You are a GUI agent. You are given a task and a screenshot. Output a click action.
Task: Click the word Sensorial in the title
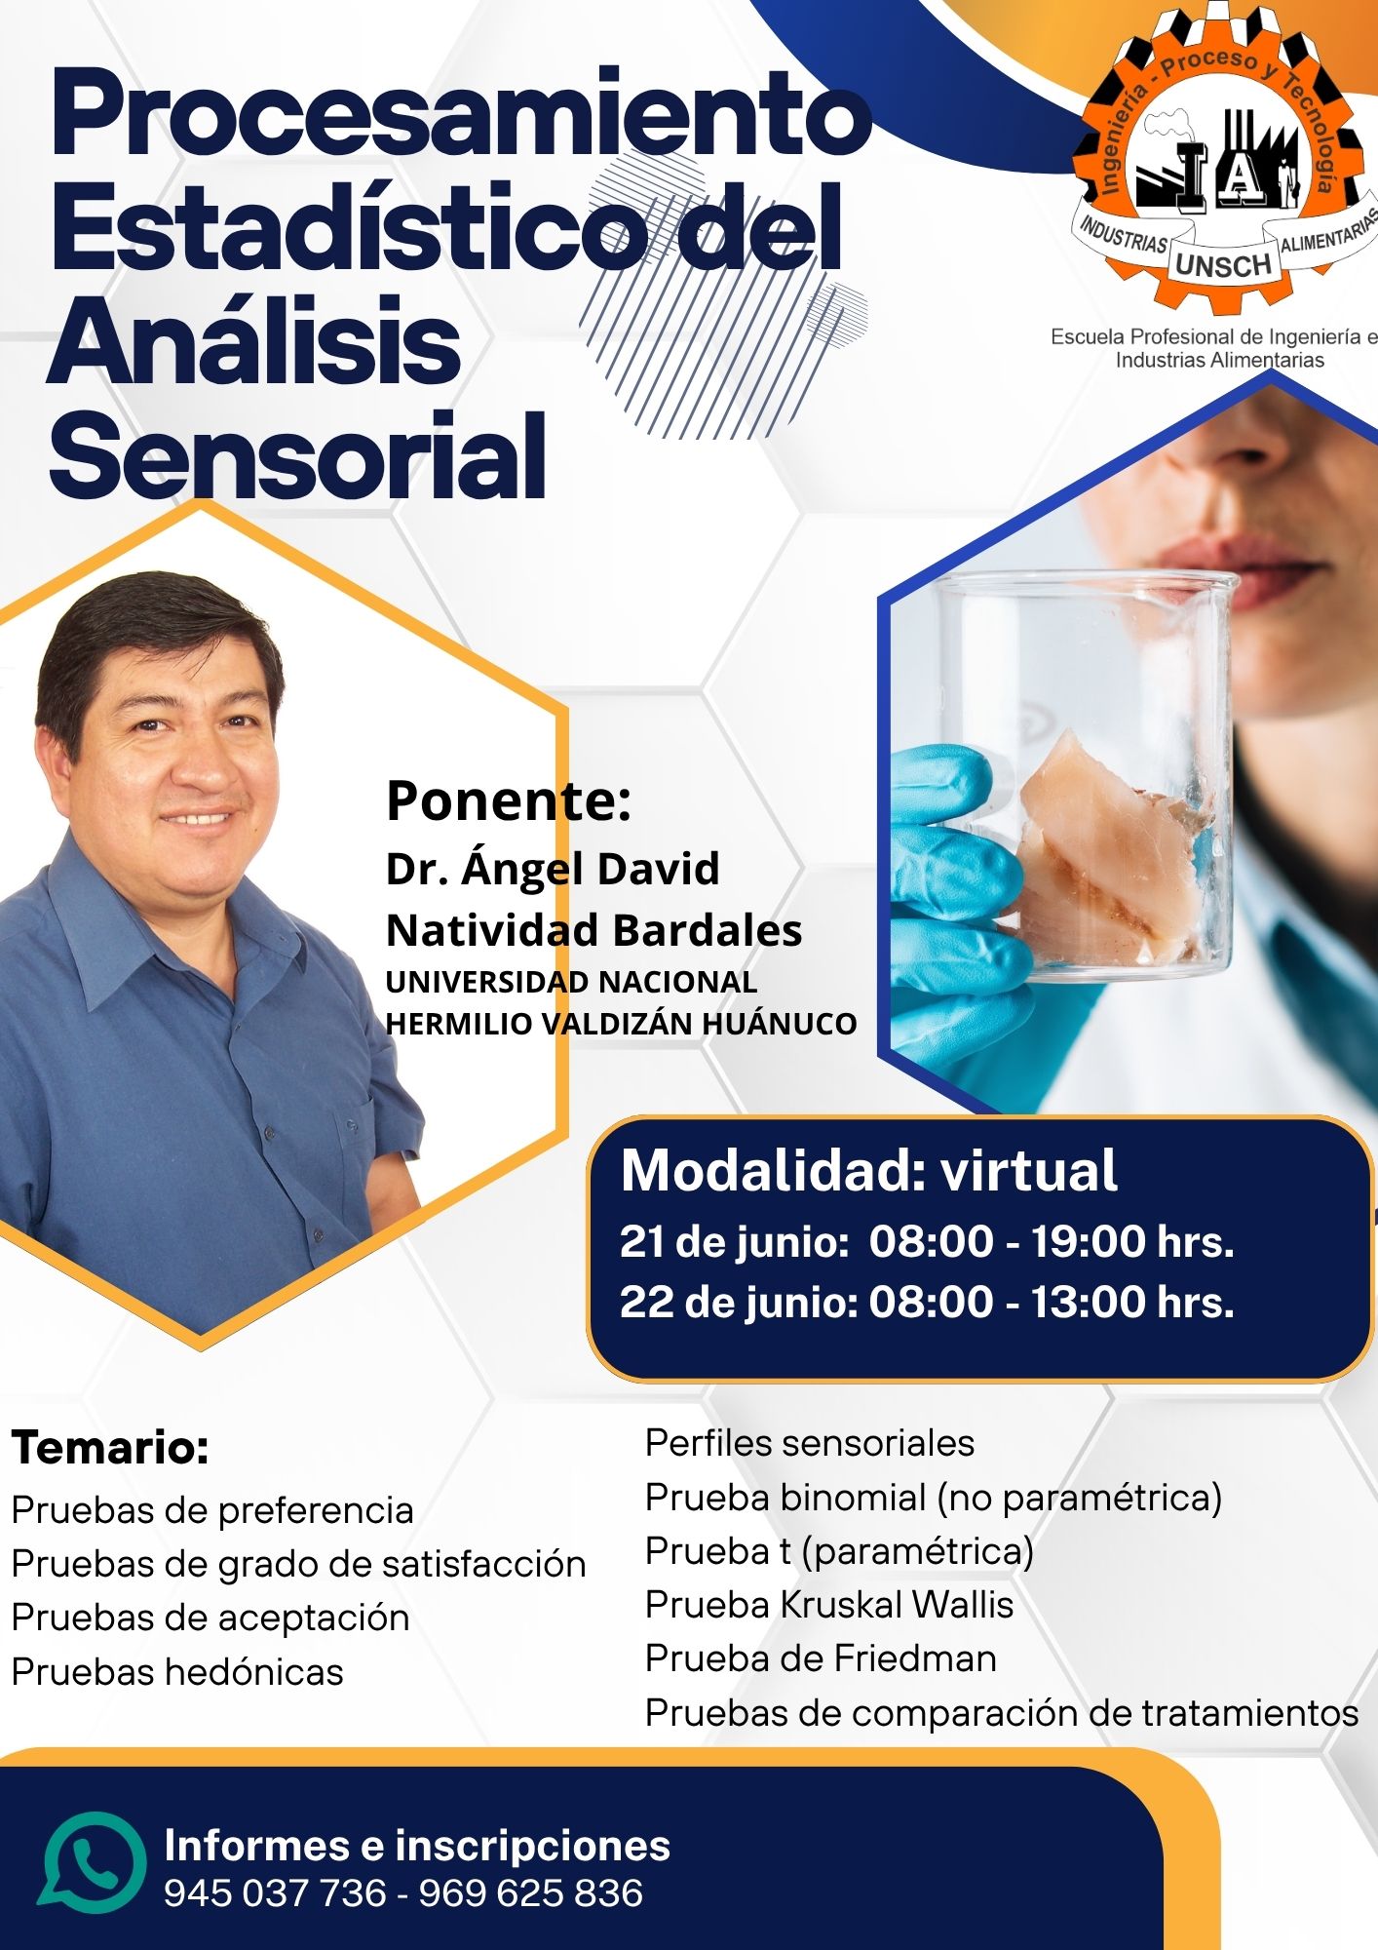click(x=297, y=455)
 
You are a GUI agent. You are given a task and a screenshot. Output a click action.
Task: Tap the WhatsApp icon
click(x=93, y=1863)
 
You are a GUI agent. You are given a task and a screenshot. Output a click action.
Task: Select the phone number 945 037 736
click(x=275, y=1893)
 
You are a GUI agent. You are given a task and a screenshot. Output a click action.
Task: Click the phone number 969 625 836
click(x=531, y=1893)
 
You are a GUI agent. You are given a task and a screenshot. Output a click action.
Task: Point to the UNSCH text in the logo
click(x=1223, y=264)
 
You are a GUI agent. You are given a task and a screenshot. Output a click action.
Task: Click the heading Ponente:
click(x=509, y=800)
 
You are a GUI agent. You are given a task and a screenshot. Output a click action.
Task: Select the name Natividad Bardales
click(x=593, y=930)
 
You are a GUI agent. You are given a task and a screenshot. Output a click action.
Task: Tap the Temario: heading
click(x=110, y=1447)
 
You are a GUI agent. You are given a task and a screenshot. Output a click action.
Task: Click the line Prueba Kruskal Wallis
click(x=829, y=1604)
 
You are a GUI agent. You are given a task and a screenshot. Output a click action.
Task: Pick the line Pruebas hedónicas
click(x=177, y=1672)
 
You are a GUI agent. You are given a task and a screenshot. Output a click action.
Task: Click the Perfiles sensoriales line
click(x=810, y=1443)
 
